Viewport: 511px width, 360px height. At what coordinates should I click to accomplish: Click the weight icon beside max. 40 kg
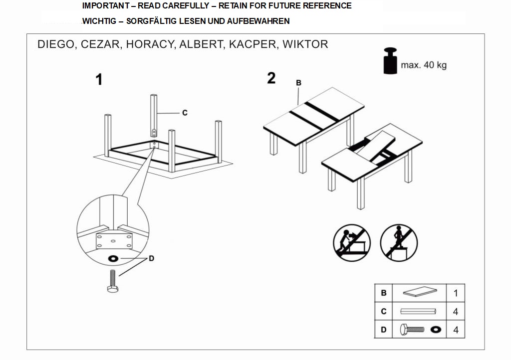point(390,61)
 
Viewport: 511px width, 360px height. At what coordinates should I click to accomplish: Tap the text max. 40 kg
point(423,65)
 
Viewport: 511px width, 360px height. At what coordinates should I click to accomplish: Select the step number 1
point(99,80)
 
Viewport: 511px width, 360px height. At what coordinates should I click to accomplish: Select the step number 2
point(271,78)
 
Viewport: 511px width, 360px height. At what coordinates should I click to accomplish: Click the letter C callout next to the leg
point(185,113)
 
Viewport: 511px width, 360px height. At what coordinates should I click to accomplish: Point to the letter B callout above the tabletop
point(298,83)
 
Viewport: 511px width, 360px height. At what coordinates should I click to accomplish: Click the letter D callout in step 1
point(151,258)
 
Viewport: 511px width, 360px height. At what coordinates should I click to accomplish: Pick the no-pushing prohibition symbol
point(352,242)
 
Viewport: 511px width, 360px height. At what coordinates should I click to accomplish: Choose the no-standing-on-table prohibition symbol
point(399,242)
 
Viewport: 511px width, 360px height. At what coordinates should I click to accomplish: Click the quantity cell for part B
point(455,293)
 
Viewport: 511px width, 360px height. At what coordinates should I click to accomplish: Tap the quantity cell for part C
point(455,312)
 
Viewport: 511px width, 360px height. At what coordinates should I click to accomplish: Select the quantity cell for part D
point(455,330)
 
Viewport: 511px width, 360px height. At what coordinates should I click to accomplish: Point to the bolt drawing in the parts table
point(412,330)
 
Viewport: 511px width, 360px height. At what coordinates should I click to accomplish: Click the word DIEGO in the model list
point(55,44)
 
